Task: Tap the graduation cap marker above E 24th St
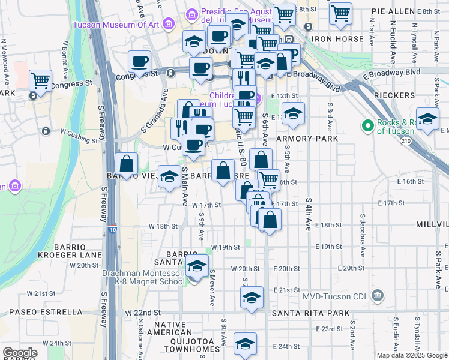point(245,343)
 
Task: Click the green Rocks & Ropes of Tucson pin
point(367,125)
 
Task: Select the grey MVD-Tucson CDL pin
point(377,295)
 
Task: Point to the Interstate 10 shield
point(113,229)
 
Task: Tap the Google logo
point(20,353)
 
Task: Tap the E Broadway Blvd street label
point(391,71)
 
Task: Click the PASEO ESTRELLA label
point(46,312)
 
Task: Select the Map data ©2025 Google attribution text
point(411,355)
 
